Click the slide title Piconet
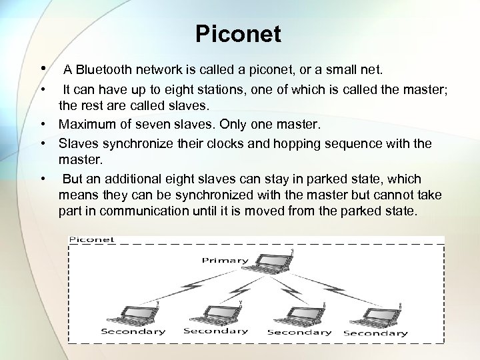[x=238, y=34]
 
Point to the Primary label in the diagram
[x=225, y=260]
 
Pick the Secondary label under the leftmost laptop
[x=133, y=331]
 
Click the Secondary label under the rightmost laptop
[x=375, y=333]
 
